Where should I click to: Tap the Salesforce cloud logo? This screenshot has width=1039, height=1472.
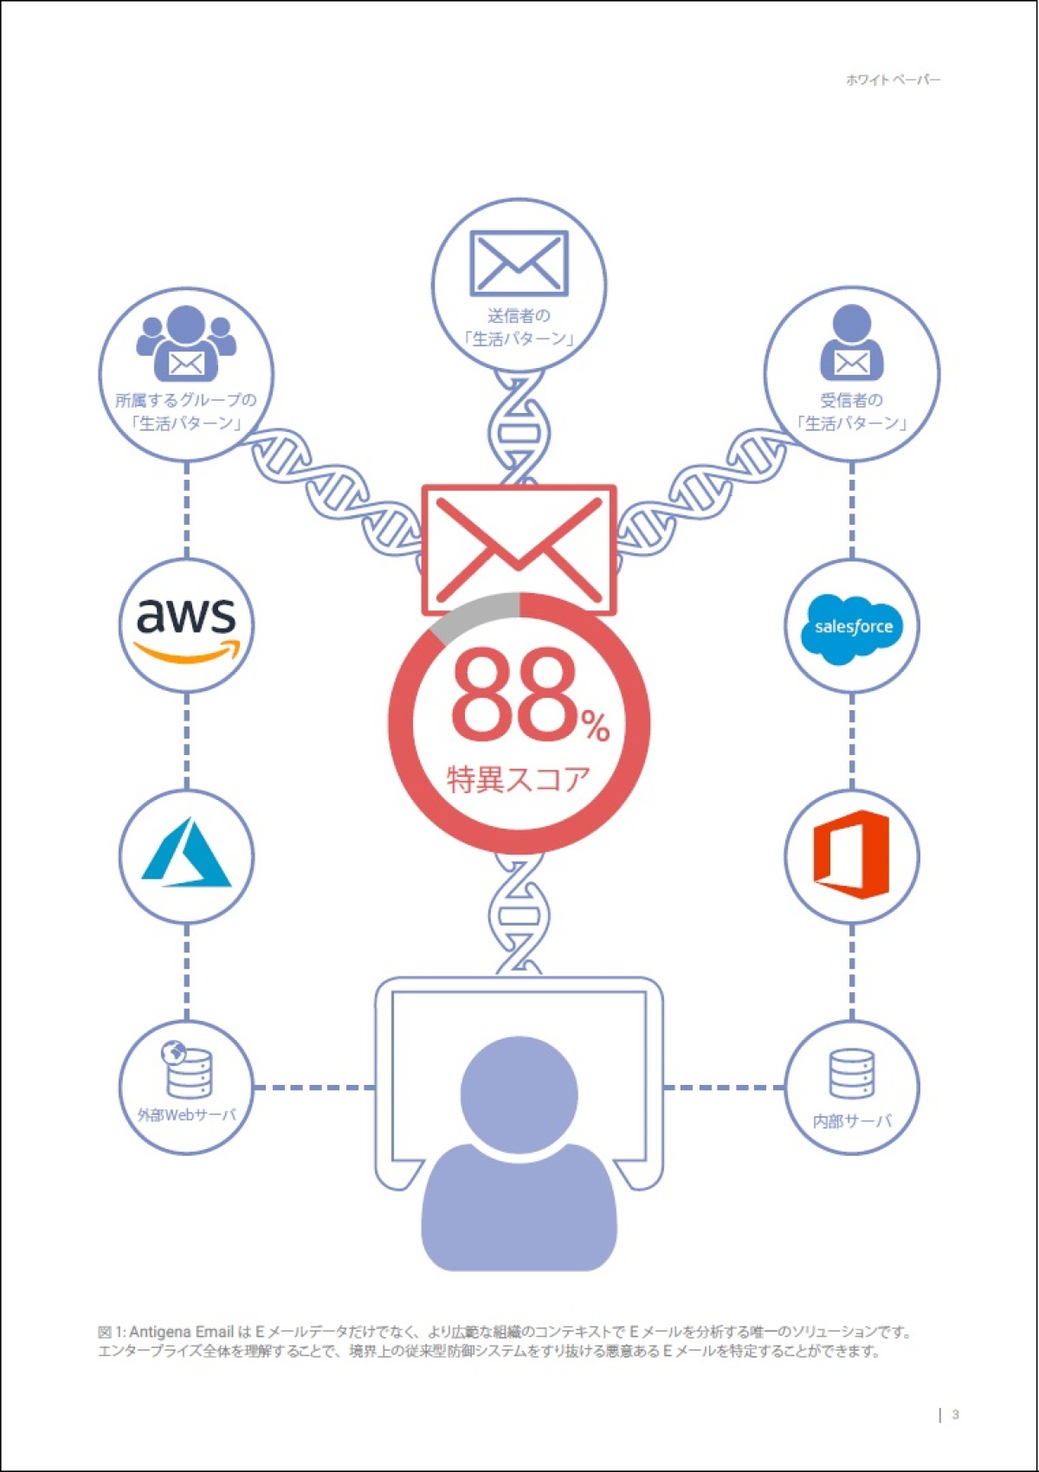pyautogui.click(x=852, y=628)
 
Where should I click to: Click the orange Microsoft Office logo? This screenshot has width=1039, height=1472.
pyautogui.click(x=851, y=855)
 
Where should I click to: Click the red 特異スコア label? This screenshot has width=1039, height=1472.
pyautogui.click(x=518, y=779)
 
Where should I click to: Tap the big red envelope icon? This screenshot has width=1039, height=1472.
pyautogui.click(x=519, y=549)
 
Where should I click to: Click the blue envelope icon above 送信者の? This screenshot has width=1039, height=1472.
pyautogui.click(x=519, y=262)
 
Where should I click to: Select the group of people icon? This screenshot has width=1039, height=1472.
pyautogui.click(x=185, y=344)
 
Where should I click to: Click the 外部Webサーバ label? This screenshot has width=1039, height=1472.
pyautogui.click(x=186, y=1115)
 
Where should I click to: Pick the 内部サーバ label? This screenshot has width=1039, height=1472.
pyautogui.click(x=852, y=1121)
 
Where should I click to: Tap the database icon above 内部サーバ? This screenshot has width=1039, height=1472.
pyautogui.click(x=852, y=1074)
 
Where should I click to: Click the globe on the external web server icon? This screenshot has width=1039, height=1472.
pyautogui.click(x=174, y=1053)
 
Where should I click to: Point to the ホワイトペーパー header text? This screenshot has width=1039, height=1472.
pyautogui.click(x=893, y=80)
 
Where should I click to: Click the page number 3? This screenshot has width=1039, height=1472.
pyautogui.click(x=955, y=1414)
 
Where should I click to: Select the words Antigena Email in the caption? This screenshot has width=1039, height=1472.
pyautogui.click(x=181, y=1332)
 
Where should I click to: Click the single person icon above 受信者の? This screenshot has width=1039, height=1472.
pyautogui.click(x=852, y=344)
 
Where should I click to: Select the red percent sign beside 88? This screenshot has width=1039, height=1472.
pyautogui.click(x=596, y=726)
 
